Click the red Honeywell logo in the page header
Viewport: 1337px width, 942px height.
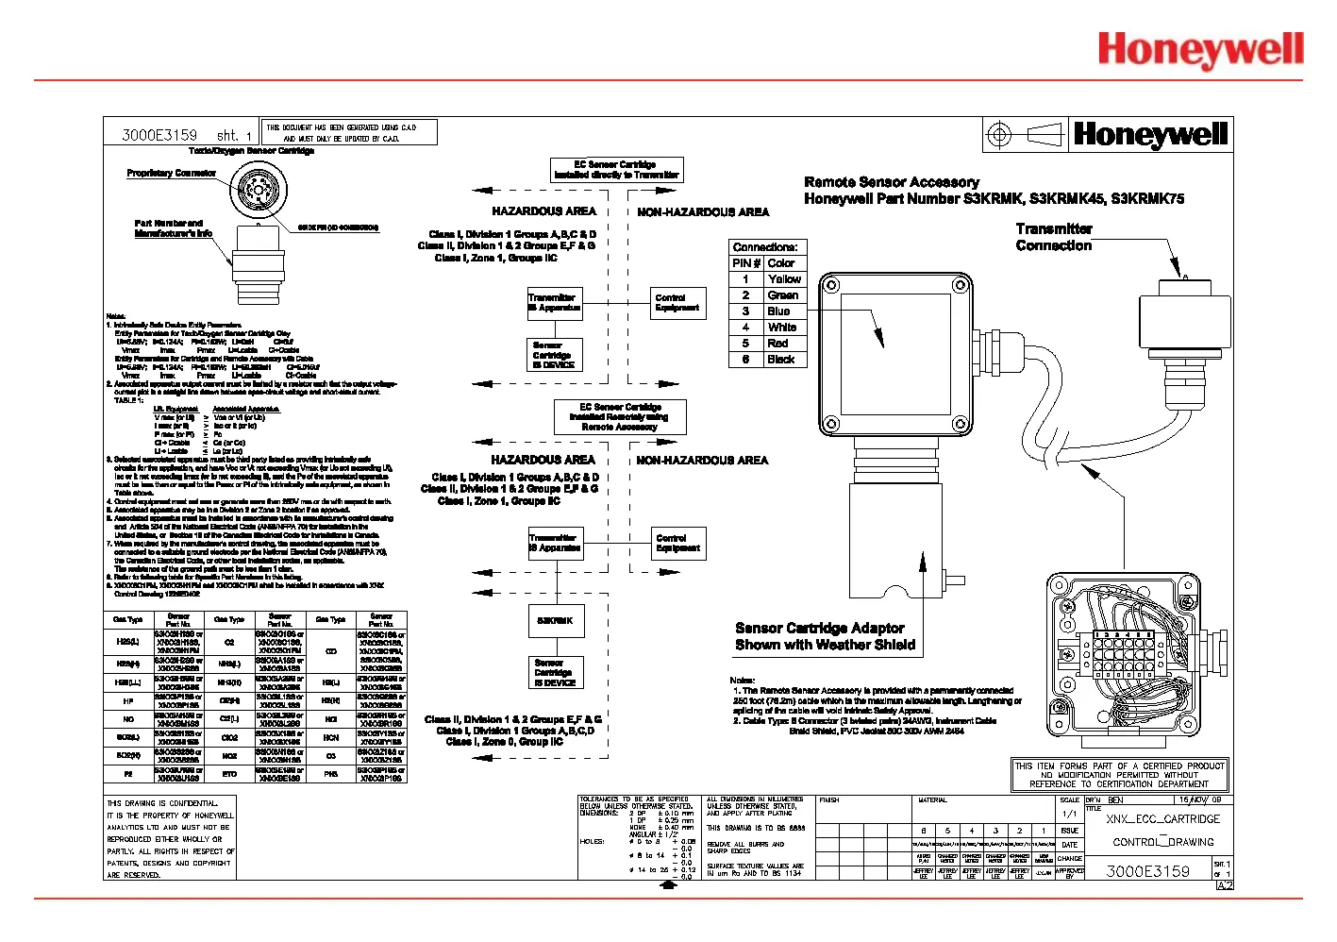(x=1200, y=50)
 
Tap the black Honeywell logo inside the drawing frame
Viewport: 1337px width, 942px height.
(x=1150, y=135)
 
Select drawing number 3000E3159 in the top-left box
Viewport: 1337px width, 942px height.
(x=159, y=135)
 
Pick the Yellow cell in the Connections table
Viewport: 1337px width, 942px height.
(x=784, y=279)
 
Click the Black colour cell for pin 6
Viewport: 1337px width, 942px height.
(x=781, y=360)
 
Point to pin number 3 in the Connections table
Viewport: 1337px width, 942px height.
(x=745, y=311)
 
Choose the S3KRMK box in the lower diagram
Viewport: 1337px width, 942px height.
(x=555, y=621)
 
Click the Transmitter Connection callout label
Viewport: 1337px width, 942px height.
(x=1053, y=237)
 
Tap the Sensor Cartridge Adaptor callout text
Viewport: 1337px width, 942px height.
(x=825, y=636)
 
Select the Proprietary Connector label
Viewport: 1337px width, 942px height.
(x=171, y=174)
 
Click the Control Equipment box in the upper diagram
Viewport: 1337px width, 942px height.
(x=677, y=303)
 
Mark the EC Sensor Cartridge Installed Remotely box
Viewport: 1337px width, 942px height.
(x=619, y=417)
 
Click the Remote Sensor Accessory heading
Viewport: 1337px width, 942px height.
(x=892, y=182)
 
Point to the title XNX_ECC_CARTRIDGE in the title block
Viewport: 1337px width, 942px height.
(x=1162, y=819)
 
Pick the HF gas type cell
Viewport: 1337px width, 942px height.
(x=127, y=701)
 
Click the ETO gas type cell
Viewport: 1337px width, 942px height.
(x=229, y=774)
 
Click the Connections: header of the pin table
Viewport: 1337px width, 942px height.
(x=765, y=247)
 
